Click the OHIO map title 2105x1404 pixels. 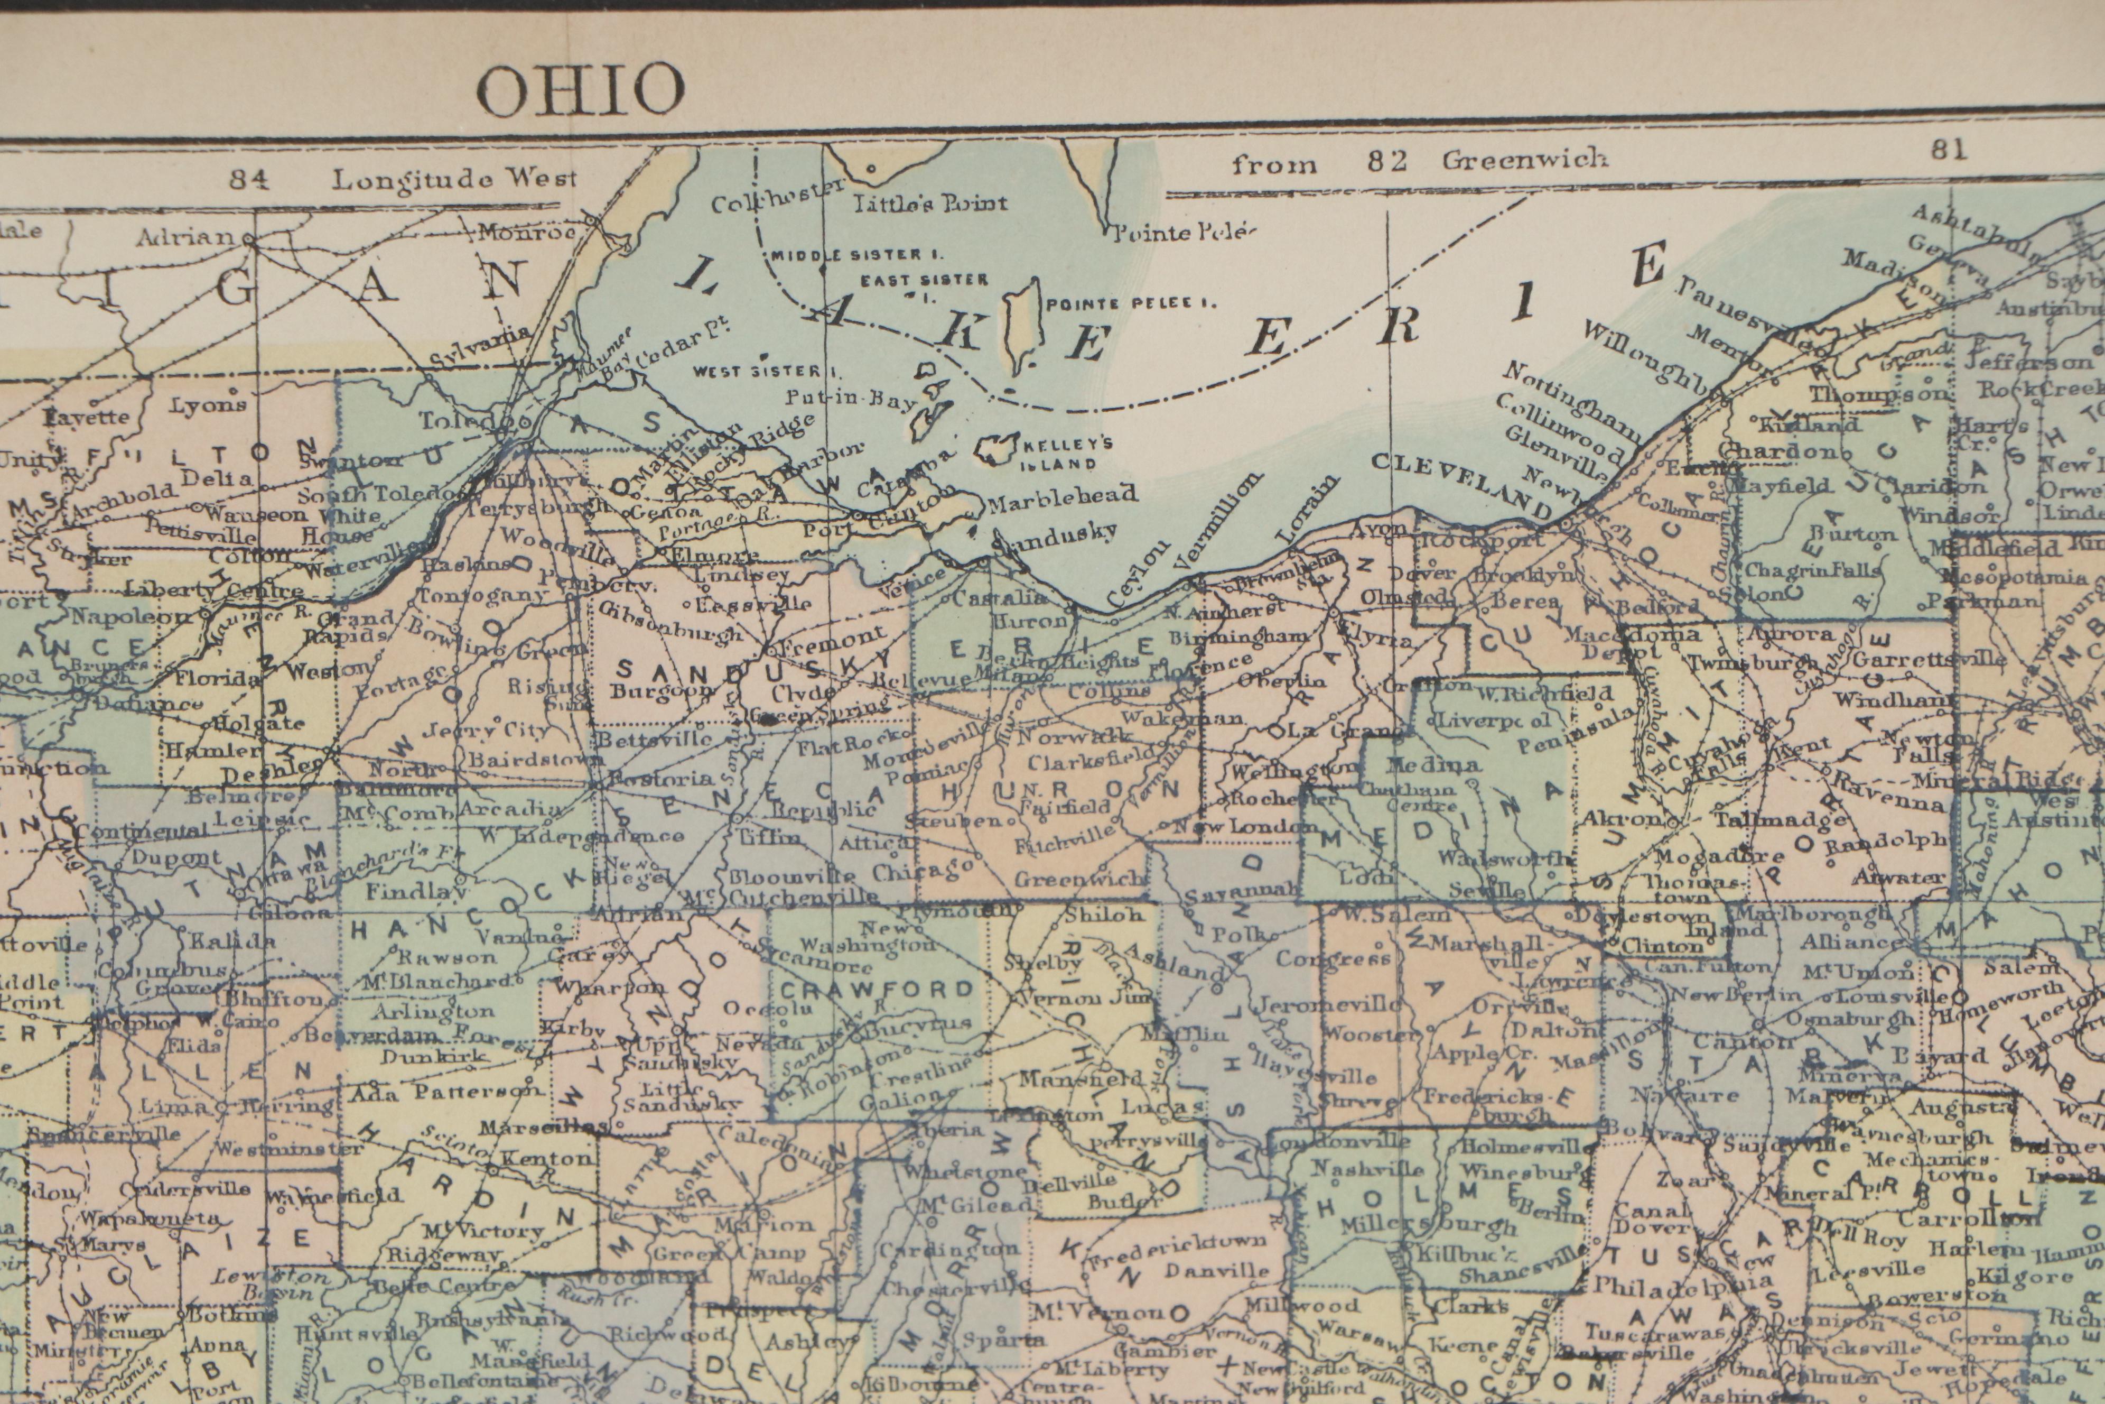click(580, 90)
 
